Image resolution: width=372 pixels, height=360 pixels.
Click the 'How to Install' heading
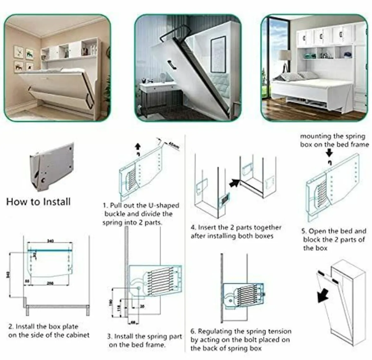pyautogui.click(x=38, y=202)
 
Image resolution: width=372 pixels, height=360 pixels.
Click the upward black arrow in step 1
pyautogui.click(x=138, y=146)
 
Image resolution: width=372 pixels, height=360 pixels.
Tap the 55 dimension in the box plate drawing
pyautogui.click(x=28, y=281)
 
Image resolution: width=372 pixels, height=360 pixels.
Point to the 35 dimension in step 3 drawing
pyautogui.click(x=142, y=306)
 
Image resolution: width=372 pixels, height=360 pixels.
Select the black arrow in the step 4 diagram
pyautogui.click(x=234, y=183)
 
